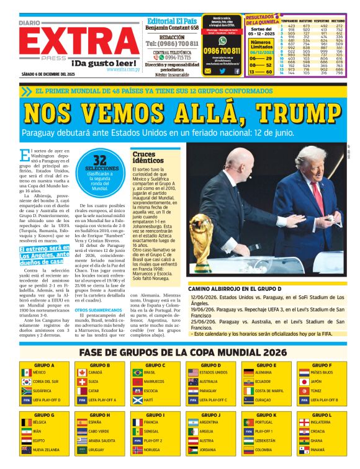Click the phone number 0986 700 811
[x=222, y=51]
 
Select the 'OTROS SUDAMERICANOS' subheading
[x=93, y=310]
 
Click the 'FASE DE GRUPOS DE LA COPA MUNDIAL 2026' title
[x=179, y=353]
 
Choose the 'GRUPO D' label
[x=212, y=365]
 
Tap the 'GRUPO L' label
[x=322, y=414]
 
